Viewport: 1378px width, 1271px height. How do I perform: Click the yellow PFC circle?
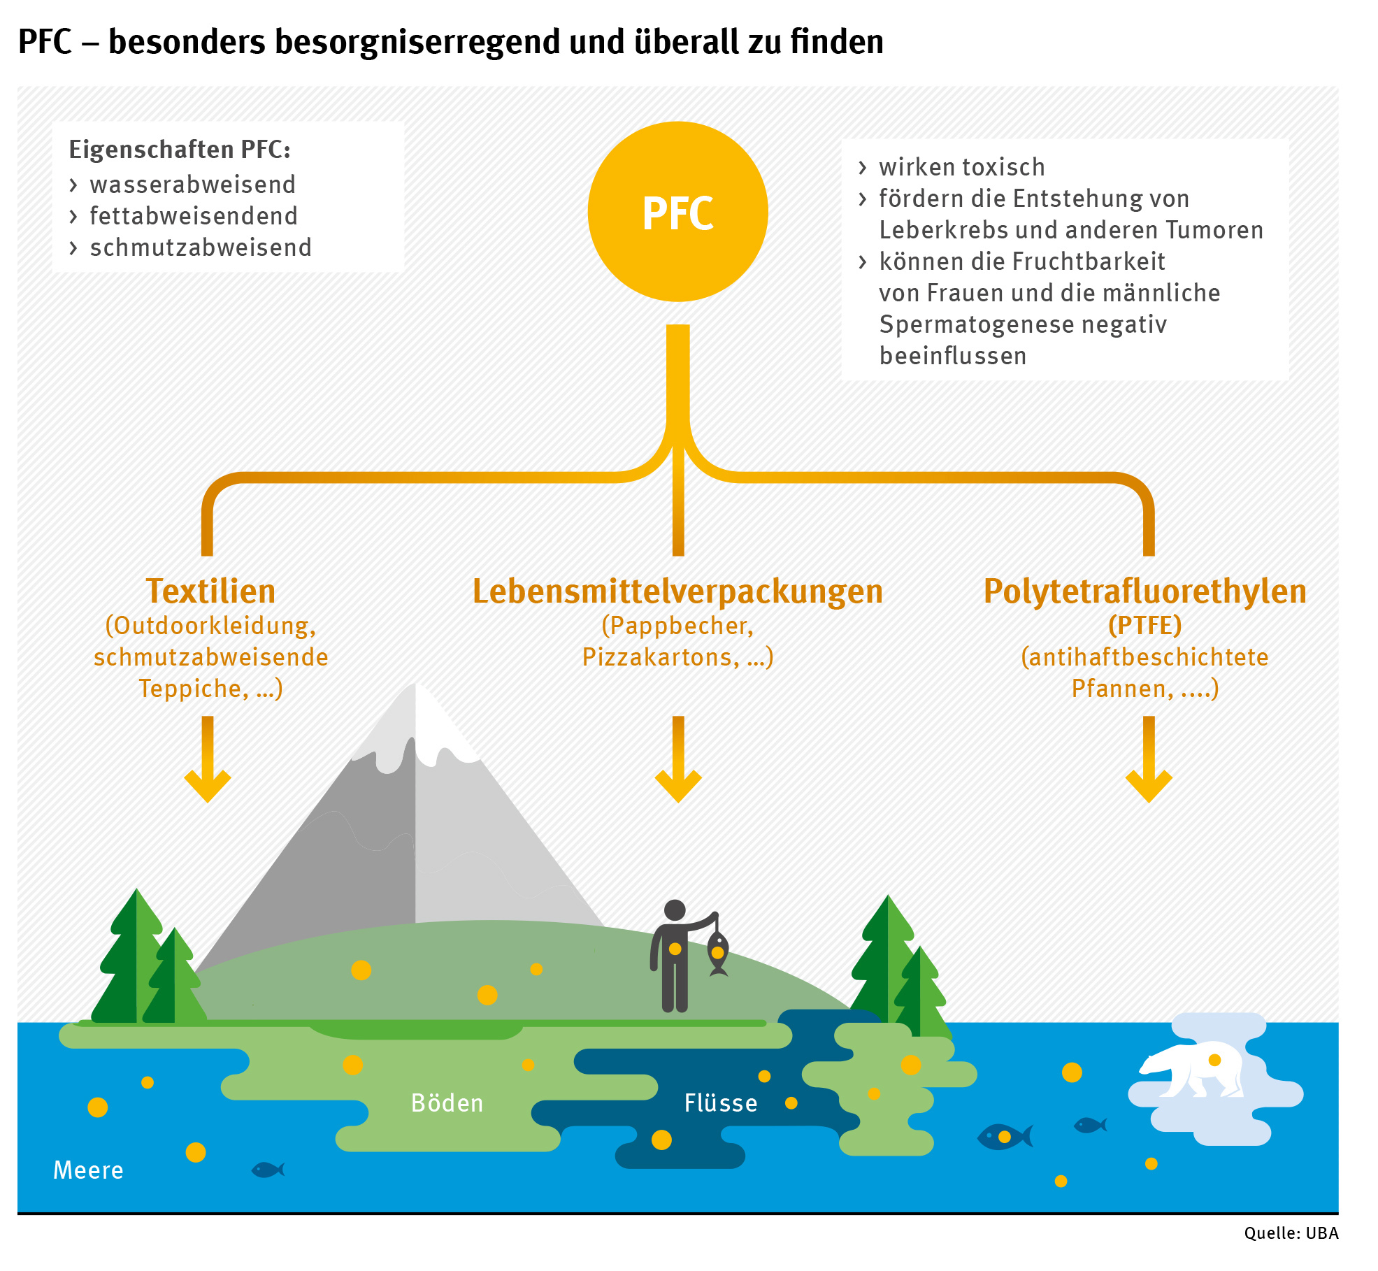point(677,212)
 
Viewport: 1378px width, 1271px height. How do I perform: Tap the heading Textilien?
point(210,591)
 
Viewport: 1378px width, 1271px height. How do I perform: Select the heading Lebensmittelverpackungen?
point(677,591)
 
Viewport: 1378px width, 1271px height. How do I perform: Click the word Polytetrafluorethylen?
point(1144,591)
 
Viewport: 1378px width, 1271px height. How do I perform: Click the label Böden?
point(447,1103)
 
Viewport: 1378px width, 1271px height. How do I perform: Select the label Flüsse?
point(721,1103)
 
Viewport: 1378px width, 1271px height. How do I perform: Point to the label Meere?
point(88,1170)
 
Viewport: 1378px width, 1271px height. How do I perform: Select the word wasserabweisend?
point(193,185)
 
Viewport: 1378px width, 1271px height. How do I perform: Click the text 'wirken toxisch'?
point(961,167)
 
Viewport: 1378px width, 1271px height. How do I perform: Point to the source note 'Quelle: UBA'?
point(1291,1233)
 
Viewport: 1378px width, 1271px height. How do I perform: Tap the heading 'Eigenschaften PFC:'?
point(180,150)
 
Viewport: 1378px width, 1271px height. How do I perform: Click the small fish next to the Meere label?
point(268,1169)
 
